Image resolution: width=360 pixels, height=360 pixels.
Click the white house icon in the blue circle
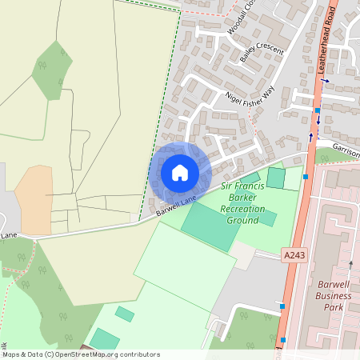(x=180, y=173)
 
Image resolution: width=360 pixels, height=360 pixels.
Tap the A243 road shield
(x=294, y=254)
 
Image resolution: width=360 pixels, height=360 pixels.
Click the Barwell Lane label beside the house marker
(x=176, y=208)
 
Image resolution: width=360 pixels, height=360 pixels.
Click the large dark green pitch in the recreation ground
(x=210, y=224)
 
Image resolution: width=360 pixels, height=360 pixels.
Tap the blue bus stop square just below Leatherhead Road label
(x=318, y=110)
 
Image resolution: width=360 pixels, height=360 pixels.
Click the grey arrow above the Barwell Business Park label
(x=350, y=263)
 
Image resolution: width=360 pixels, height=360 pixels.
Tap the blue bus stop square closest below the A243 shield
(x=282, y=306)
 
